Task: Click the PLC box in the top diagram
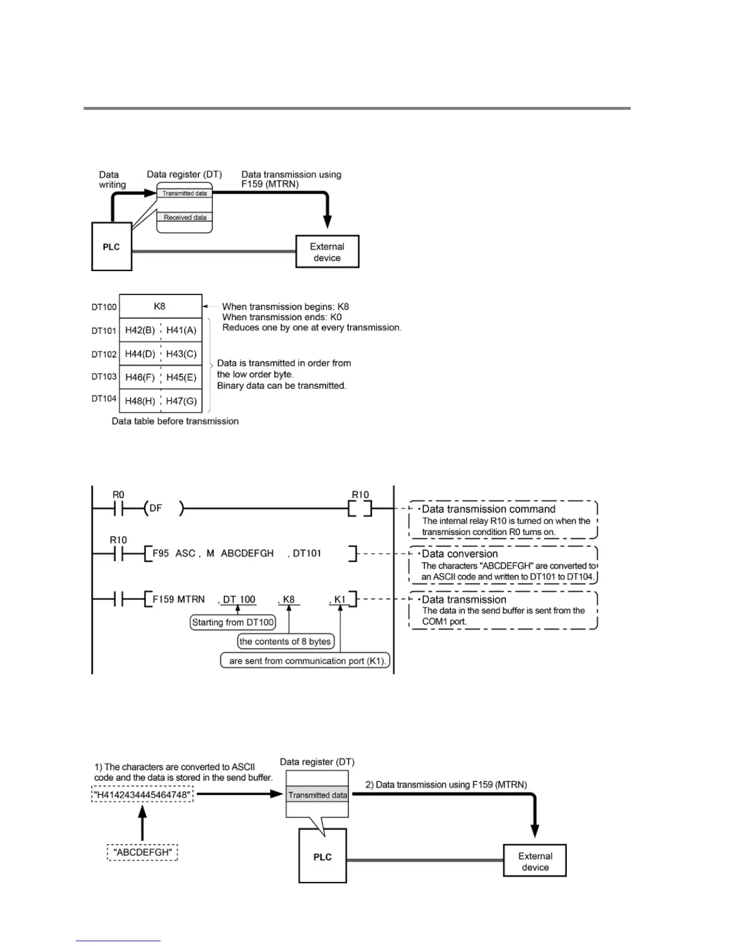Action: (x=112, y=247)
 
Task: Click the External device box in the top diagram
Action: (x=327, y=252)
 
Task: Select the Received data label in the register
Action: (x=185, y=217)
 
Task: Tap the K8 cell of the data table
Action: (x=160, y=306)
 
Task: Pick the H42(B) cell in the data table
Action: (x=140, y=330)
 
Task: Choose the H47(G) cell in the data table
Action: (x=182, y=401)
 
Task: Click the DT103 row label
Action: (x=104, y=377)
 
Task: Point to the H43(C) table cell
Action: (x=182, y=354)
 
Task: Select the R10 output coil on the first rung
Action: (x=360, y=509)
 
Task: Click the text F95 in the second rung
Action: (x=161, y=554)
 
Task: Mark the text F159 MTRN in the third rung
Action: (x=179, y=599)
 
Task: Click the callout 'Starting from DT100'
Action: (x=233, y=622)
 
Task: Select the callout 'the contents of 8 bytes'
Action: (x=285, y=641)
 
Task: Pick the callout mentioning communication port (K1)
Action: (x=305, y=661)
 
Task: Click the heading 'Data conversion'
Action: (x=460, y=554)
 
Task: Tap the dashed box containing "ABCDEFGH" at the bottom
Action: (x=142, y=852)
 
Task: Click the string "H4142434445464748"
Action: (x=142, y=795)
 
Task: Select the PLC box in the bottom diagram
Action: (x=322, y=856)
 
